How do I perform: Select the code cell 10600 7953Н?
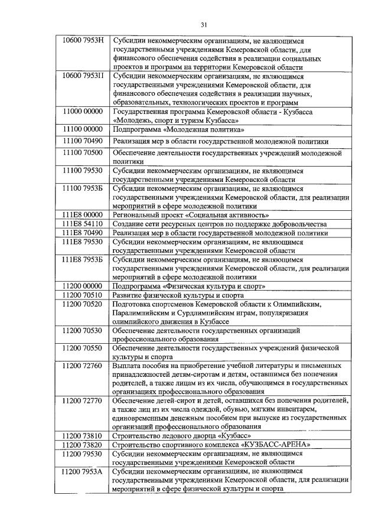83,41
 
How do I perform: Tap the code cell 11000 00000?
83,112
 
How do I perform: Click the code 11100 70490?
83,141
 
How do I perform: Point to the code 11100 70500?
83,152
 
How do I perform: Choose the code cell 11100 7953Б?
83,188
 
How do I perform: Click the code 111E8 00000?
83,215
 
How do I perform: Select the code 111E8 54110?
83,224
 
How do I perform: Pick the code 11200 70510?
83,295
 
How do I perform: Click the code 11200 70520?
83,304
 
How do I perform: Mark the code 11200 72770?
83,400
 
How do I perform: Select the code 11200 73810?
83,436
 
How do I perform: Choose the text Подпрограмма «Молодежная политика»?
178,129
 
